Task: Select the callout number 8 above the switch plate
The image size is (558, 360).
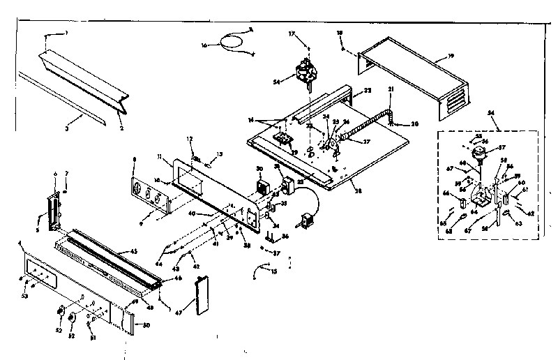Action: (x=133, y=160)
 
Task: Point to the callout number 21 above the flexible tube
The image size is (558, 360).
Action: (x=391, y=89)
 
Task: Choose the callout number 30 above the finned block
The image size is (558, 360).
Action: (x=259, y=170)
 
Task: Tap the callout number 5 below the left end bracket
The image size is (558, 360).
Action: (x=38, y=227)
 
